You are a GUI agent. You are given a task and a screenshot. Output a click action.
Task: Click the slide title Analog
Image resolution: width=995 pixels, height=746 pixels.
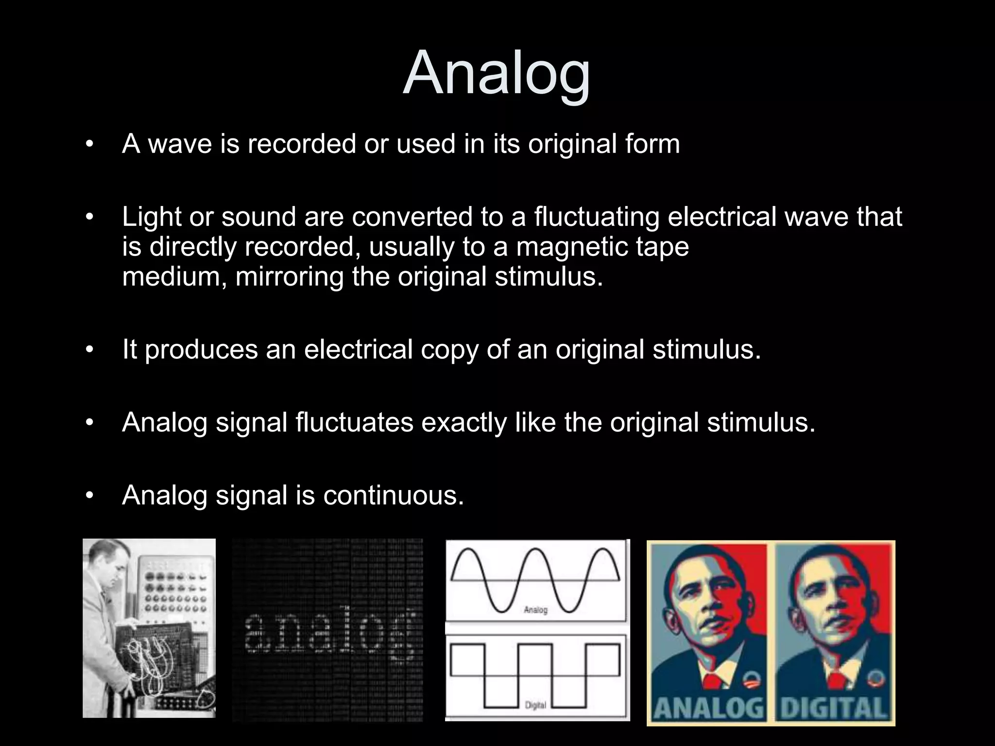point(497,74)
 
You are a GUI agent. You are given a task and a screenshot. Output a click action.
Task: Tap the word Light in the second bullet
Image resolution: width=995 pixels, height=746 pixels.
point(151,217)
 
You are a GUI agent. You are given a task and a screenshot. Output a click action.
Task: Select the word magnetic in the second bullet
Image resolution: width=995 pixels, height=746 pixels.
point(571,247)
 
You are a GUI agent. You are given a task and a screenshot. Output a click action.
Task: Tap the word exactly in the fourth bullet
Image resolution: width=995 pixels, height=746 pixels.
point(464,423)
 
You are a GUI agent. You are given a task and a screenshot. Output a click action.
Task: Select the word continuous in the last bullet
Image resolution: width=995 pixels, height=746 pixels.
point(393,495)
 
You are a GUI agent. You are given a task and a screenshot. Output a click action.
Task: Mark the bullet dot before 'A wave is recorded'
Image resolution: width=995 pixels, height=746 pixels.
point(88,145)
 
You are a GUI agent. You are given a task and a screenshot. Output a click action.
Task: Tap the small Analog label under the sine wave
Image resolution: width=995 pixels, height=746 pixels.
point(536,610)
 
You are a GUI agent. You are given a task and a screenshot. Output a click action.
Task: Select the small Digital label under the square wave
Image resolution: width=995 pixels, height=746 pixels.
point(536,705)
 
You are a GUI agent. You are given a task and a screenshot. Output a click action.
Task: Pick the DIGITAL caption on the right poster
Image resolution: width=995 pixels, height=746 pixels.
point(834,708)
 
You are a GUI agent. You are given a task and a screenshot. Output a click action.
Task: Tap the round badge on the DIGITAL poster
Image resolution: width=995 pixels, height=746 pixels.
point(875,678)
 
